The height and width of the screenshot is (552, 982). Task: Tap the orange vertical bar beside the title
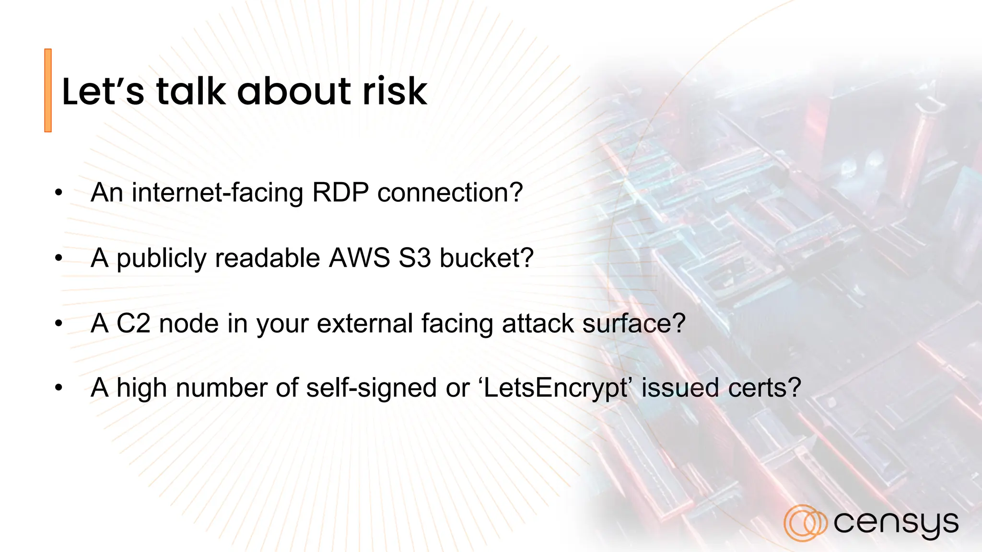click(x=48, y=90)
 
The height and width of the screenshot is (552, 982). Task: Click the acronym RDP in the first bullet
click(x=340, y=193)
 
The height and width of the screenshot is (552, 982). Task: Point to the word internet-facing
click(x=217, y=193)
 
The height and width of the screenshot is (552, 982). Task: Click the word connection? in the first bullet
click(x=450, y=193)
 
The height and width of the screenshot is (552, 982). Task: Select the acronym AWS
click(x=360, y=258)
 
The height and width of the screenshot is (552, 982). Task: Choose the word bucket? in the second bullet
click(x=486, y=258)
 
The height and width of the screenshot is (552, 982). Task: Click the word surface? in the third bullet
click(x=634, y=323)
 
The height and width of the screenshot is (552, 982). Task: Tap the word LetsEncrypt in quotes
click(x=555, y=388)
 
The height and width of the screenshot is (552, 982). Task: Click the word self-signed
click(x=371, y=388)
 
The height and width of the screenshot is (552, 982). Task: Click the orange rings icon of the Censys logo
click(x=805, y=523)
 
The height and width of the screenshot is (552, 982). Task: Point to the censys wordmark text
click(x=896, y=523)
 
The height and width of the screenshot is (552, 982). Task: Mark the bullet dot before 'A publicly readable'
click(x=58, y=258)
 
